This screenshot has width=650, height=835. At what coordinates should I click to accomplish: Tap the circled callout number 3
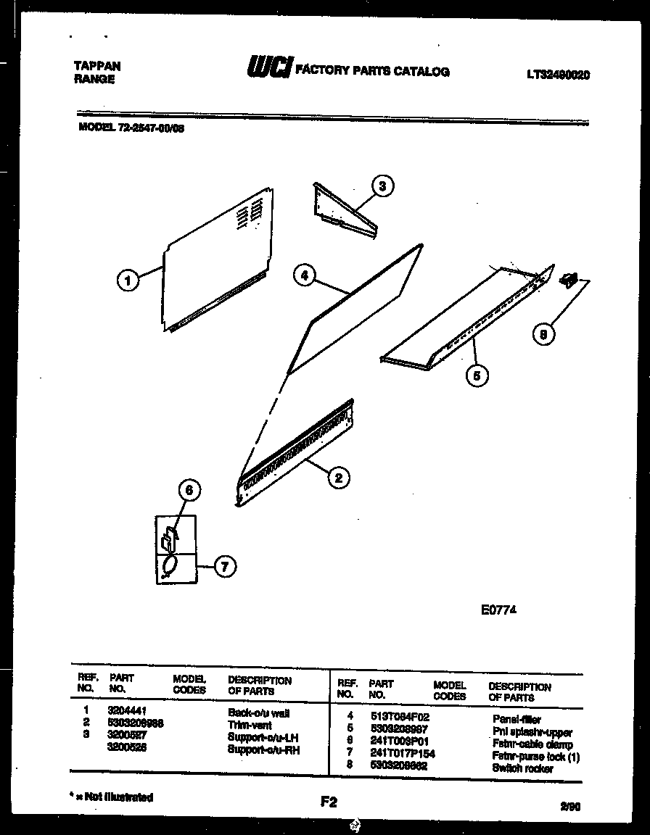coord(382,186)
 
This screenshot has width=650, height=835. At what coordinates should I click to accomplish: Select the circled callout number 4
coord(305,275)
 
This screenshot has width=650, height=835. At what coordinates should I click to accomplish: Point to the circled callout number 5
coord(477,375)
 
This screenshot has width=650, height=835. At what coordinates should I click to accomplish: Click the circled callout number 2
coord(338,477)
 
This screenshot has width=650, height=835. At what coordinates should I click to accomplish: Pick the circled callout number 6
coord(189,491)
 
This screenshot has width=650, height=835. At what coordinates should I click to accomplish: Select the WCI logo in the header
coord(269,69)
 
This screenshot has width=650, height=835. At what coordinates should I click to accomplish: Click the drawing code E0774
coord(498,610)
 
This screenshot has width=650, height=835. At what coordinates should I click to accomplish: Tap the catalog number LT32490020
coord(558,74)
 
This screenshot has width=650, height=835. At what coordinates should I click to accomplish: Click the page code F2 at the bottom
coord(329,802)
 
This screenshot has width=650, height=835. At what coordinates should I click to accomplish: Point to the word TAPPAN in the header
coord(97,66)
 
